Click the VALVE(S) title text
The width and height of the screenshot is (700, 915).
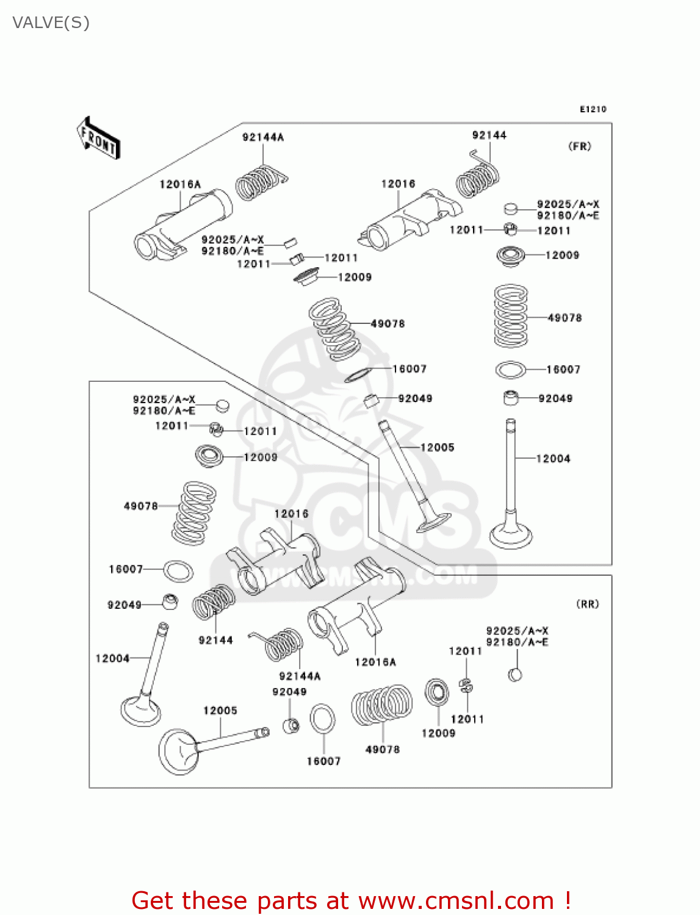coord(51,23)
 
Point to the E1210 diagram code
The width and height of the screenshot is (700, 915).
coord(593,109)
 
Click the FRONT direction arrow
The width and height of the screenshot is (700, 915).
coord(98,138)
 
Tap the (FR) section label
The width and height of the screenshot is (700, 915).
coord(579,146)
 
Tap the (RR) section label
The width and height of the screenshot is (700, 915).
coord(587,604)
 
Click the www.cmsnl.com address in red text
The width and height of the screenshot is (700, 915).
coord(456,900)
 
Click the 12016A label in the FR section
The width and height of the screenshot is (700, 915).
coord(180,184)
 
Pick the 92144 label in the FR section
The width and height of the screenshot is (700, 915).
coord(489,135)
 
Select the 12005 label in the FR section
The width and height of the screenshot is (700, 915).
coord(437,448)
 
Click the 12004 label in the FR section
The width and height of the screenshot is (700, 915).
coord(553,459)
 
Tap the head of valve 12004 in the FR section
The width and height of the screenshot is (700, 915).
coord(511,537)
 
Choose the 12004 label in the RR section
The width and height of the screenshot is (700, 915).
coord(112,659)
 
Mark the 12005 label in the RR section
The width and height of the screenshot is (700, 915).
coord(220,711)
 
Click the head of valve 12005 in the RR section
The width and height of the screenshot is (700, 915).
coord(178,752)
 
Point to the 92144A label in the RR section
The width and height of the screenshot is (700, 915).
coord(300,676)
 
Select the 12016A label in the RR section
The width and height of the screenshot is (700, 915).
coord(375,662)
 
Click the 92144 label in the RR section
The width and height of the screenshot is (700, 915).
coord(215,640)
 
